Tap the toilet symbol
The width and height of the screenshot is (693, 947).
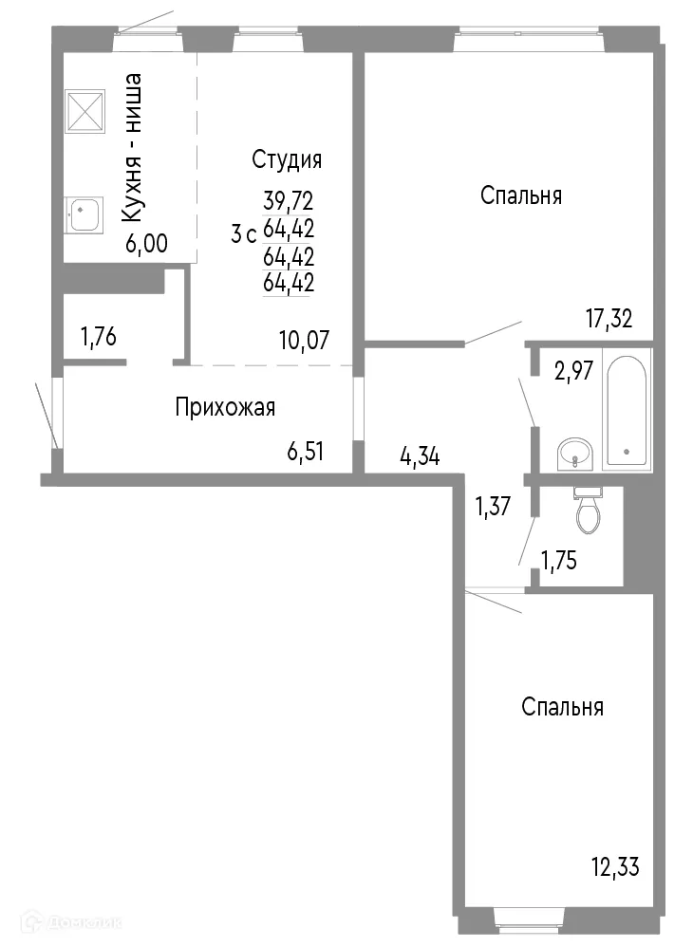tap(588, 512)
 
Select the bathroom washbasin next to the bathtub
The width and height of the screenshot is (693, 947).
tap(574, 454)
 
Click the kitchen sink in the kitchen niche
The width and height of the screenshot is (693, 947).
tap(85, 214)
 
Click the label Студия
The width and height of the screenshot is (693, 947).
tap(287, 159)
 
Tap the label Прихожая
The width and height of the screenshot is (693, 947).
tap(225, 408)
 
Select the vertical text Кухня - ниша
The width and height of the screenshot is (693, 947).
tap(133, 149)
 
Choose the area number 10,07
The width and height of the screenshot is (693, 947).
tap(303, 340)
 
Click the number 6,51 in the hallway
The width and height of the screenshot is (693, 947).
tap(306, 452)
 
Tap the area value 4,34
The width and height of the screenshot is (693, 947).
tap(419, 458)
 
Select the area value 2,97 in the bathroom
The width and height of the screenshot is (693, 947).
tap(574, 371)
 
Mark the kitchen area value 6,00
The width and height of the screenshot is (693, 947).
tap(146, 244)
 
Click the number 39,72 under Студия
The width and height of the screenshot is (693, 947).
tap(288, 201)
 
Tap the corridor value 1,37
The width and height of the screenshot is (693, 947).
tap(494, 507)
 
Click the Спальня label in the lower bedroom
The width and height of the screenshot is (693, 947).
tap(562, 707)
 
